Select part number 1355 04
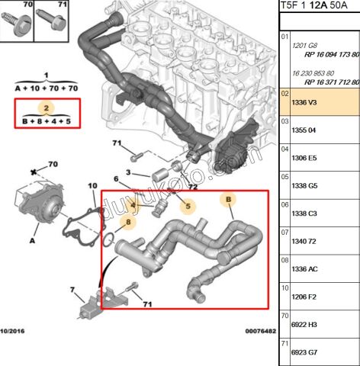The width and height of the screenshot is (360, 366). (296, 129)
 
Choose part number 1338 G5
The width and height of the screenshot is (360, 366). (297, 185)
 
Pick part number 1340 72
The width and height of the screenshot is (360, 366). (296, 241)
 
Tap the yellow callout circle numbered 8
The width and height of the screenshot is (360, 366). (129, 223)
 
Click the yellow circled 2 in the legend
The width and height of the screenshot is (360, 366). (46, 108)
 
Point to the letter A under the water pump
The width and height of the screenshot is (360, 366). (32, 239)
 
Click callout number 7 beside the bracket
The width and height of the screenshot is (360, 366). (72, 290)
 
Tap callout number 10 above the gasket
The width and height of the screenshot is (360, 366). (92, 185)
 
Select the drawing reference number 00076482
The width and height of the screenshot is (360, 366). (260, 331)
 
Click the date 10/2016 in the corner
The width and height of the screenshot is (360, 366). (14, 331)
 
